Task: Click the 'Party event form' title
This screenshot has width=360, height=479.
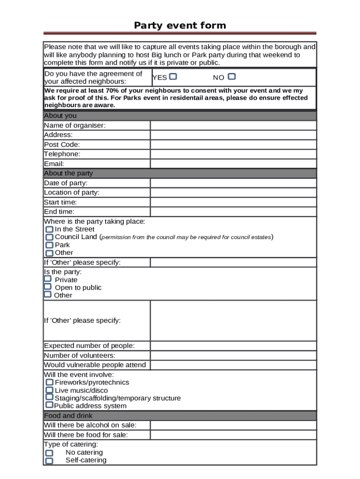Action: click(180, 25)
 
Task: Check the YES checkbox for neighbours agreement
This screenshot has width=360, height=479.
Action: click(173, 77)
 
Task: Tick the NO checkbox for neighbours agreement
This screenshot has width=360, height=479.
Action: click(231, 77)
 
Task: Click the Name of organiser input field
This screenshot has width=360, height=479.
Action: click(233, 125)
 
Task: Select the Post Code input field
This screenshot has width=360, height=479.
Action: click(233, 145)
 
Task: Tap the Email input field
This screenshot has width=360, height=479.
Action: click(233, 164)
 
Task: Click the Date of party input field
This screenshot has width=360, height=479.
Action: click(233, 183)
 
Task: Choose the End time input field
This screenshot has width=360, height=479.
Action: click(233, 211)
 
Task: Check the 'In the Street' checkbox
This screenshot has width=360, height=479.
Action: click(49, 230)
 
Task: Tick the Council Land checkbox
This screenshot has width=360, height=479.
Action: click(49, 237)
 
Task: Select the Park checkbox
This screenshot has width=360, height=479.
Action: click(49, 245)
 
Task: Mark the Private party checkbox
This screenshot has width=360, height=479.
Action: click(47, 279)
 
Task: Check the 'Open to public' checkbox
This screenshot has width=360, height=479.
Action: click(47, 287)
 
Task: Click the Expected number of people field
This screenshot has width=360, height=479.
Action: click(233, 346)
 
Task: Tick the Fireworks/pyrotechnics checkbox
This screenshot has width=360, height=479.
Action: click(49, 382)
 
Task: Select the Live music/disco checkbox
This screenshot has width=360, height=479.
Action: click(49, 390)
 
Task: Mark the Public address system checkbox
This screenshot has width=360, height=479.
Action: click(49, 405)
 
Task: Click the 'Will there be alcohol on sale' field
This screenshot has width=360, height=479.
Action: click(233, 425)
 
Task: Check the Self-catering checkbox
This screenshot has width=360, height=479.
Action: click(49, 461)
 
